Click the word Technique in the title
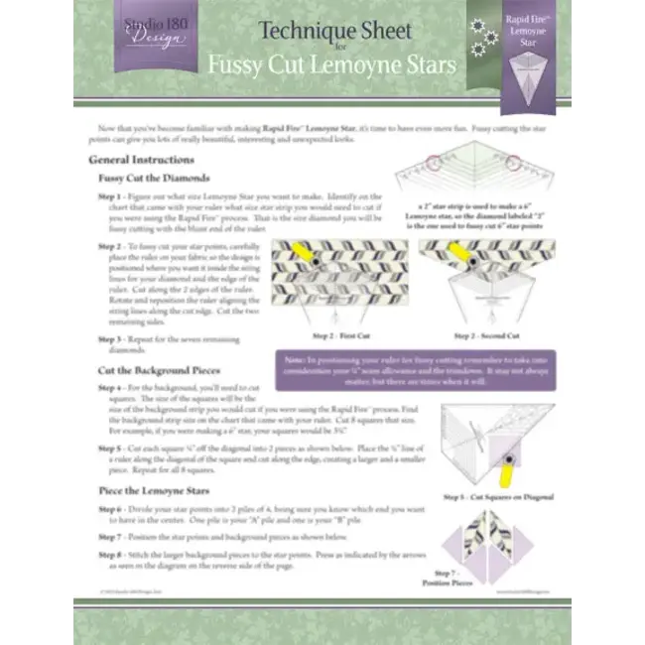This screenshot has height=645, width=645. [x=291, y=30]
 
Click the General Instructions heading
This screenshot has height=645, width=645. [x=141, y=159]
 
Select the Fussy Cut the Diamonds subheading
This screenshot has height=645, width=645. [x=154, y=178]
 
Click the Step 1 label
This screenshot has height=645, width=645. [x=110, y=197]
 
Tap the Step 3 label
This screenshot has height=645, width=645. [x=110, y=339]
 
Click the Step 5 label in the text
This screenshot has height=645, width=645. [x=110, y=448]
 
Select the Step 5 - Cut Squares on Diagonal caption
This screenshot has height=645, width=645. [x=497, y=495]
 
